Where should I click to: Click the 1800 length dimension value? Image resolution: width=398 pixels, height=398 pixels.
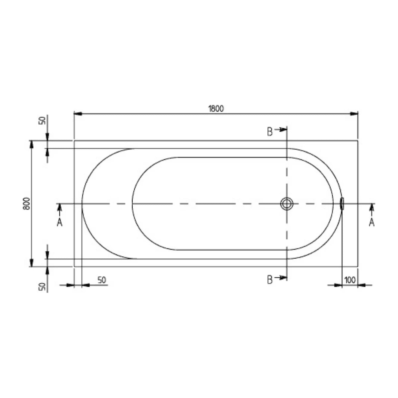coord(216,109)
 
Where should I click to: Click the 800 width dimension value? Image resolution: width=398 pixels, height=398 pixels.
coord(27,204)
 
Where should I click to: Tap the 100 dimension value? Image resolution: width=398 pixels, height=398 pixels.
coord(350,280)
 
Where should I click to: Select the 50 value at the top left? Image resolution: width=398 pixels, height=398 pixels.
coord(42,121)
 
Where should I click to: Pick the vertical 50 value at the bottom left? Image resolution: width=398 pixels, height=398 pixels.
coord(42,287)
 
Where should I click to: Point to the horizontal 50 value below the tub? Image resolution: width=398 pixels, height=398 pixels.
coord(102,280)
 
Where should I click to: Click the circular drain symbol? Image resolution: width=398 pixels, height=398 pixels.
coord(287,204)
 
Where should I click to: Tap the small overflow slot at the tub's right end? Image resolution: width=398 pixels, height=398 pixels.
coord(342,203)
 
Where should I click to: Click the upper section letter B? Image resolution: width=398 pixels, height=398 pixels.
coord(270,132)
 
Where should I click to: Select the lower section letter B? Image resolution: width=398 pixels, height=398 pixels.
coord(270,280)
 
